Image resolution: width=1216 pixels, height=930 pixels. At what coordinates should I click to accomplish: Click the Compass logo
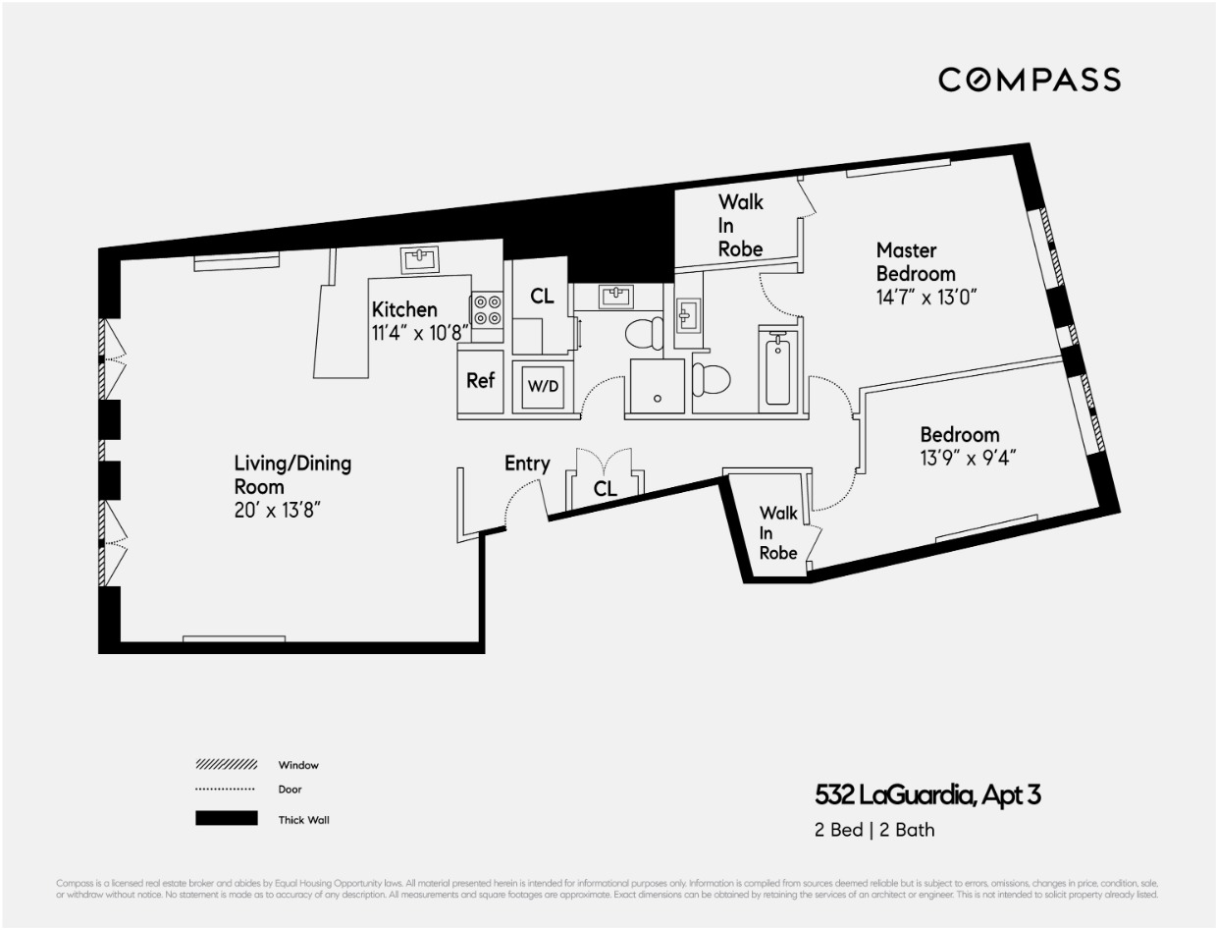click(x=1029, y=80)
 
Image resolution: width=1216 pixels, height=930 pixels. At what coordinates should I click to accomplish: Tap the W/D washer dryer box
click(x=543, y=386)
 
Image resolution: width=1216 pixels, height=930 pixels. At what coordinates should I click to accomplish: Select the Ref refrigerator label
click(x=480, y=381)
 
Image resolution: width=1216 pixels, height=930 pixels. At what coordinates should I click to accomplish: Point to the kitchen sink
click(x=420, y=259)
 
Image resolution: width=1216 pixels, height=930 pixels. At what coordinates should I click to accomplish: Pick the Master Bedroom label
click(x=915, y=262)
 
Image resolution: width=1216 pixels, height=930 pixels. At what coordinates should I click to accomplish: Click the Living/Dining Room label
click(x=292, y=474)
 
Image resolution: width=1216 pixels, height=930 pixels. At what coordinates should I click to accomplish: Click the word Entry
click(x=527, y=464)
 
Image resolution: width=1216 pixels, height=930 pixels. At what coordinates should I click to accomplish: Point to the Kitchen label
click(x=404, y=310)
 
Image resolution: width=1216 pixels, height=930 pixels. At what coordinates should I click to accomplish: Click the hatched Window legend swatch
click(x=227, y=764)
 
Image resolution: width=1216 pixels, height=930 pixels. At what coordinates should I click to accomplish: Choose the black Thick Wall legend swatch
click(x=227, y=818)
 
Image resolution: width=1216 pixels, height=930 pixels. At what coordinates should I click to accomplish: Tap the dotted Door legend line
click(x=227, y=790)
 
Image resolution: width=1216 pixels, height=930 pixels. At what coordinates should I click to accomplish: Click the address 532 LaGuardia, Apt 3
click(x=927, y=794)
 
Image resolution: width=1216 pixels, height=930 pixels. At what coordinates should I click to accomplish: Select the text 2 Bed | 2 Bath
click(x=873, y=830)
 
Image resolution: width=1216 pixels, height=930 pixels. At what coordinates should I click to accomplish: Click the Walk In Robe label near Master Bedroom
click(x=740, y=225)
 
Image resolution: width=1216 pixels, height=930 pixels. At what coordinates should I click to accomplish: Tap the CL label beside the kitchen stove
click(x=542, y=296)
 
